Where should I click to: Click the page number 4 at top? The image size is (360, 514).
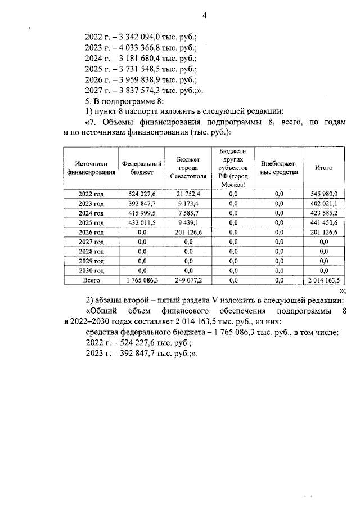205,15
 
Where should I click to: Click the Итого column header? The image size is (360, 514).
324,168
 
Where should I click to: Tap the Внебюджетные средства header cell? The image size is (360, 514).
279,168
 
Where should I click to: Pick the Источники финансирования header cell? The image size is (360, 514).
92,168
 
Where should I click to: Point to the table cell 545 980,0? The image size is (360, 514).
324,194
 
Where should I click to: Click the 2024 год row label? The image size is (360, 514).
92,213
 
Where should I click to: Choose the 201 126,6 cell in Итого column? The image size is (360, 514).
324,232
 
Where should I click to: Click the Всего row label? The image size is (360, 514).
92,280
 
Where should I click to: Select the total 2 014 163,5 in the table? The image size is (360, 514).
324,280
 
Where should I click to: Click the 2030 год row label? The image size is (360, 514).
92,270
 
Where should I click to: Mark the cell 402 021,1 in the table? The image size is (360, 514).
324,203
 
